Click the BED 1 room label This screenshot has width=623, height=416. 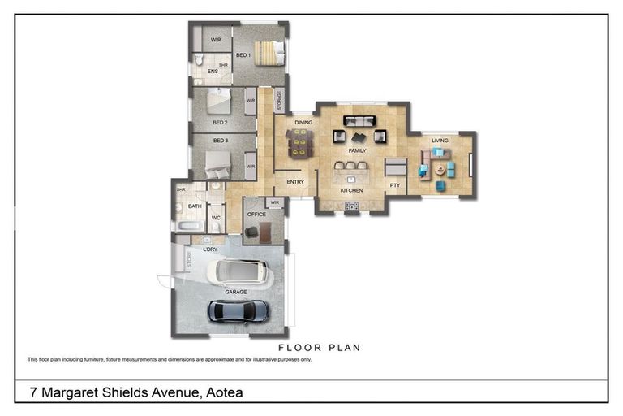[x=243, y=55]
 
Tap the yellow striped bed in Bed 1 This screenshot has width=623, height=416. [x=270, y=54]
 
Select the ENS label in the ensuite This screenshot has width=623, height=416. [x=213, y=71]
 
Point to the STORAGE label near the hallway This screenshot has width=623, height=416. [x=279, y=100]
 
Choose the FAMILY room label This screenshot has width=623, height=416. [x=357, y=150]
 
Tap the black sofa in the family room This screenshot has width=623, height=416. [x=359, y=121]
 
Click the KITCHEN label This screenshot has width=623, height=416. [x=351, y=190]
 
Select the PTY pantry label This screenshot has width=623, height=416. [x=395, y=185]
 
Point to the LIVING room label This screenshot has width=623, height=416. [x=440, y=141]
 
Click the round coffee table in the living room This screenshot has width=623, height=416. [x=440, y=170]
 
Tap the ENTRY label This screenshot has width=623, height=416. [x=295, y=181]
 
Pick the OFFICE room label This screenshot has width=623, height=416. [x=256, y=214]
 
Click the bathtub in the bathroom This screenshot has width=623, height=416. [x=190, y=226]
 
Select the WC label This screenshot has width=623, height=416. [x=216, y=218]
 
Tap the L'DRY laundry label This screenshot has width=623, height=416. [x=210, y=249]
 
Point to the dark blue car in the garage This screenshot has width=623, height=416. [x=238, y=311]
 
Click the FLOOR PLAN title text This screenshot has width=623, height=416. [x=320, y=348]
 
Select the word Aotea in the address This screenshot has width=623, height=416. [x=225, y=392]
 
